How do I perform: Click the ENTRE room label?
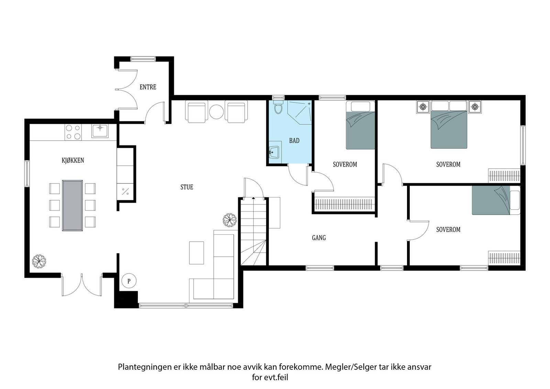148,87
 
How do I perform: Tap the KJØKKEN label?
73,160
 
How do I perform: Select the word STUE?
187,187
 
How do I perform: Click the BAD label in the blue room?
294,141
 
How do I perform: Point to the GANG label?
319,238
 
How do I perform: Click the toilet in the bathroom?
278,108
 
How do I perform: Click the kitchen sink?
100,131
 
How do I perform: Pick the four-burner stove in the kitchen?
73,132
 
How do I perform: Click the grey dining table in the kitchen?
73,205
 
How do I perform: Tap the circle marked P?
129,281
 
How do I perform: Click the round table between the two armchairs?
217,111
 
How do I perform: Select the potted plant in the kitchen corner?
39,261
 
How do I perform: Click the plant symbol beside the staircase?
230,220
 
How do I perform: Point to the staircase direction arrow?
254,198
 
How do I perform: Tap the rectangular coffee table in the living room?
197,253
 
